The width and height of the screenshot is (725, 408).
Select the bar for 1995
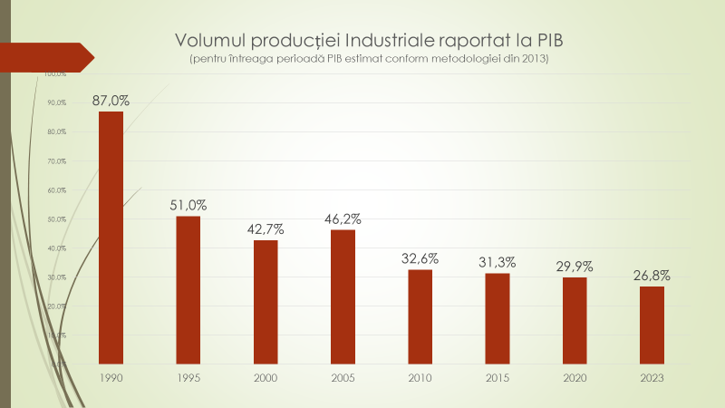pos(188,289)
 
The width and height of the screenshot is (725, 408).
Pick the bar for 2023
pos(652,325)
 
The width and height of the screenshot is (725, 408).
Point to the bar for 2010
pos(420,316)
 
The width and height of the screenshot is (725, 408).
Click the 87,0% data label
pos(111,101)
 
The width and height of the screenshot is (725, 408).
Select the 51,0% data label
pos(188,205)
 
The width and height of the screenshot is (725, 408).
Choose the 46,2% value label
pos(343,219)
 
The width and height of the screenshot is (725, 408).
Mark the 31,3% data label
pos(497,262)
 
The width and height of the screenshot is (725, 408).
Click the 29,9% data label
pos(575,267)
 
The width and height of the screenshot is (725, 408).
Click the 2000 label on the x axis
pos(266,377)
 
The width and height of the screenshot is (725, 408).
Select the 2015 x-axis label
pos(497,377)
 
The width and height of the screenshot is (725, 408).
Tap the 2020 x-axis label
pos(575,377)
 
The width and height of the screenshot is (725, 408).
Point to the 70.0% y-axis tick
pos(56,161)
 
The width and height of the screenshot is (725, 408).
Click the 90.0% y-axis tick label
pos(56,103)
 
